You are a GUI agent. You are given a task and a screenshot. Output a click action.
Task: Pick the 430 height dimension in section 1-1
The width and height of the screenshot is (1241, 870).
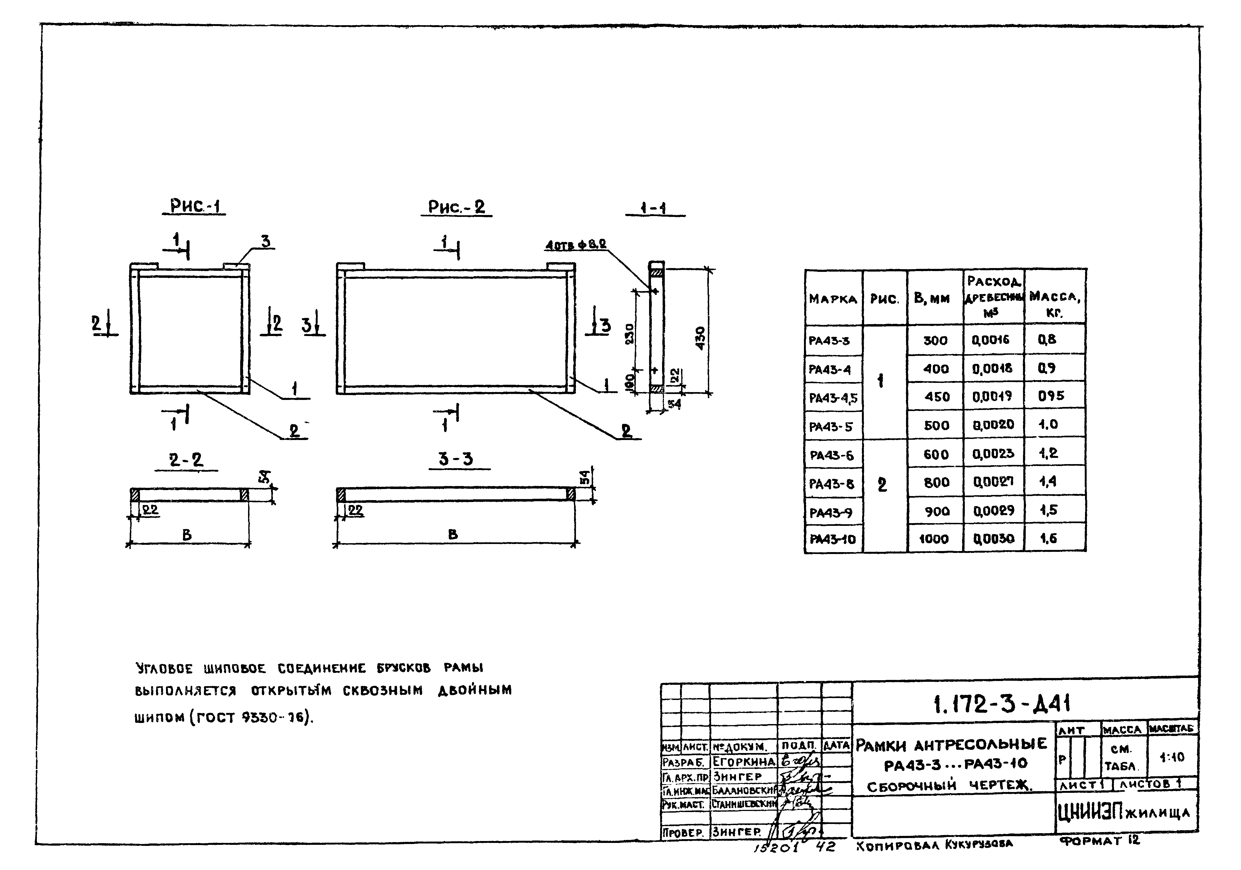701,338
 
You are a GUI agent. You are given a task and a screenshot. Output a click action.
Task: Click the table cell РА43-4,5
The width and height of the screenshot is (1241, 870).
832,398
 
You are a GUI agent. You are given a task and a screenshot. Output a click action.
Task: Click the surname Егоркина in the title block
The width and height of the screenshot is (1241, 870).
743,761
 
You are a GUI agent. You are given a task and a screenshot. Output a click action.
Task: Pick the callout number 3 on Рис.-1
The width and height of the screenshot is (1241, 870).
265,241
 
